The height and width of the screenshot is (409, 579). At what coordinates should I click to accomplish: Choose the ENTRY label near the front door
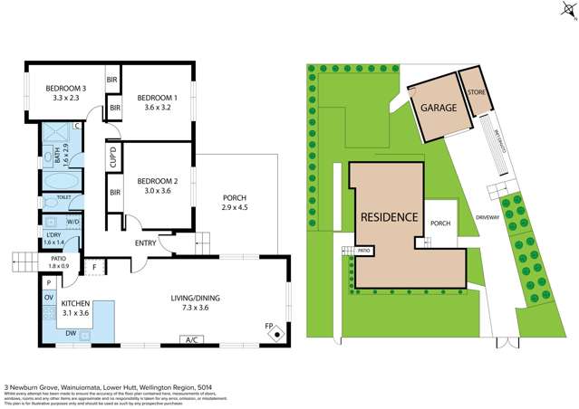tap(145, 242)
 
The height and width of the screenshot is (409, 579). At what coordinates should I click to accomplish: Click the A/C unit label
tap(191, 341)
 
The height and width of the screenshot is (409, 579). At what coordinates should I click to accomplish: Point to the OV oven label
tap(49, 297)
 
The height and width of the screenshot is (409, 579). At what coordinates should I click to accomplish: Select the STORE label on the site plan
tap(477, 92)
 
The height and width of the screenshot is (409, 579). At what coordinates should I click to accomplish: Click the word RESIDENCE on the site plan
tap(390, 217)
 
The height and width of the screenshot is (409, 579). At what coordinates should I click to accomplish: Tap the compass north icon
tap(565, 12)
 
